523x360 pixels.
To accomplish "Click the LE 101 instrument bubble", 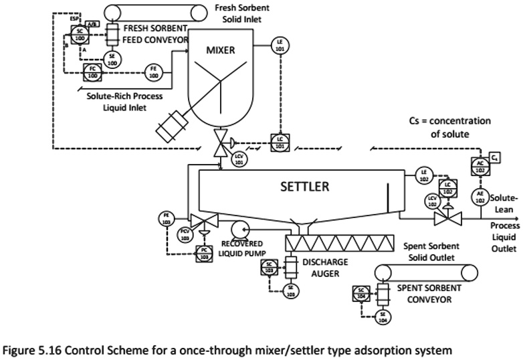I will point(280,46).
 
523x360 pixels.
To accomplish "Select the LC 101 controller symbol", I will point(280,141).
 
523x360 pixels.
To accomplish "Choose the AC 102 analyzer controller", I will point(479,167).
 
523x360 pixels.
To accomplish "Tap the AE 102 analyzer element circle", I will point(479,195).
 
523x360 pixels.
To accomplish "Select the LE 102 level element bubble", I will point(423,175).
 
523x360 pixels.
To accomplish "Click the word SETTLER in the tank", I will point(304,187).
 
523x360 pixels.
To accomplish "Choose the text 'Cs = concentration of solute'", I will point(449,127).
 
